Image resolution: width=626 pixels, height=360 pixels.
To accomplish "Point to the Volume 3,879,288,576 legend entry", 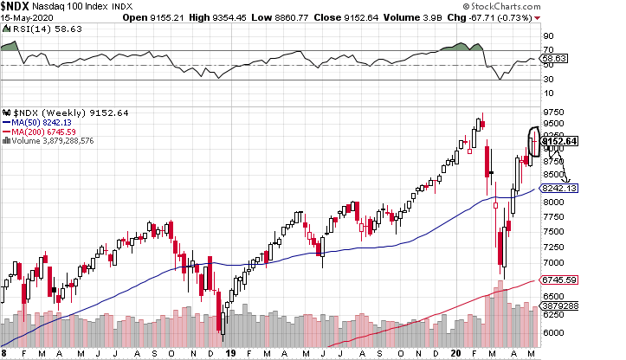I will (49, 141).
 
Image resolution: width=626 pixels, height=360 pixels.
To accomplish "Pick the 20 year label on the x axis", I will (459, 353).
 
